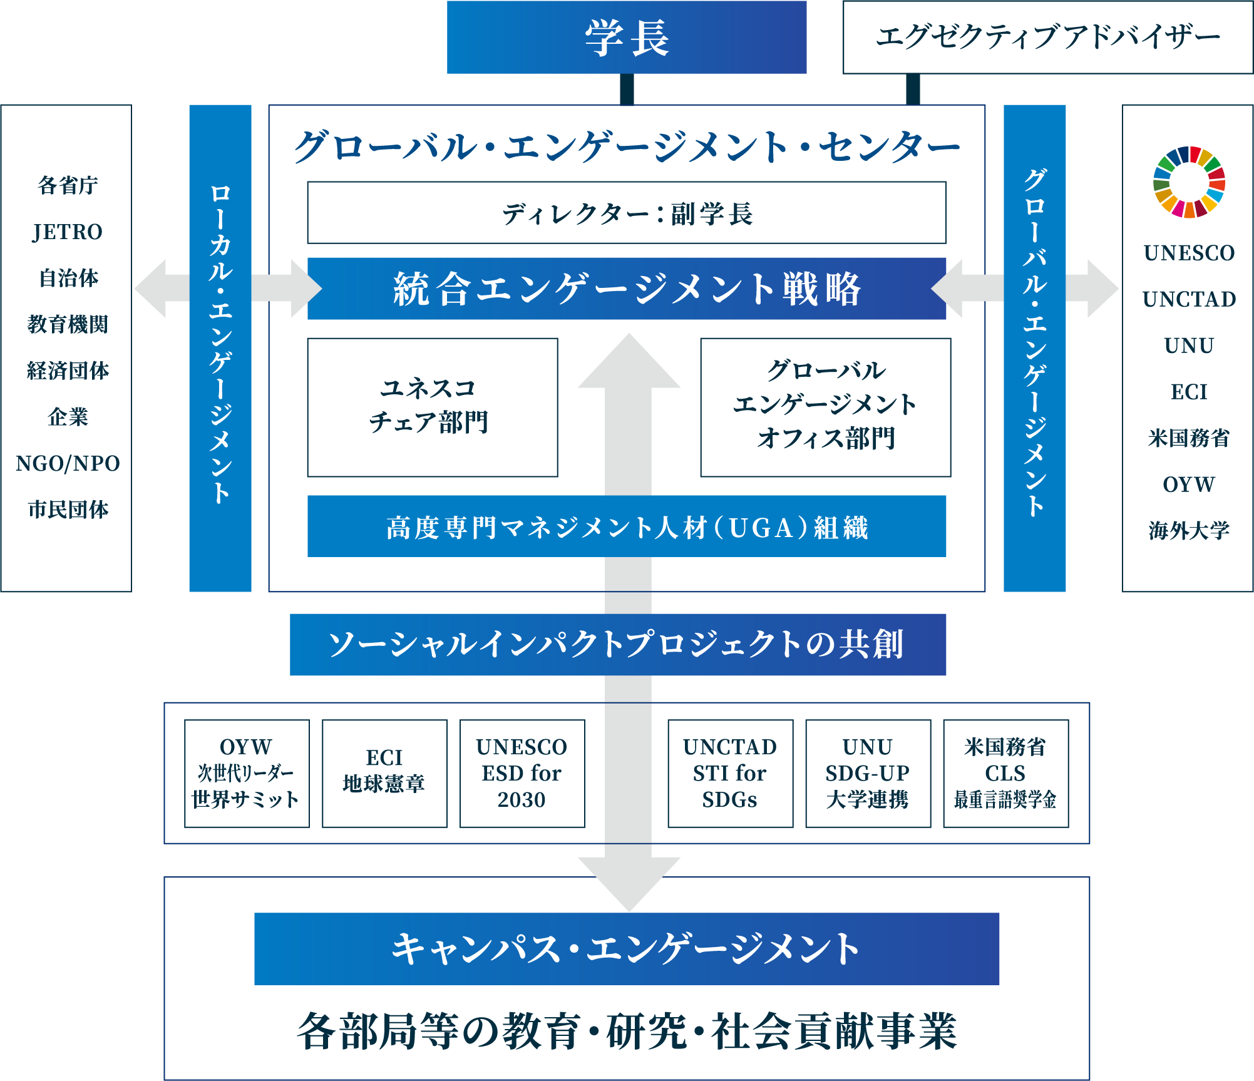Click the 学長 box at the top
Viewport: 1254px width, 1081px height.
point(626,38)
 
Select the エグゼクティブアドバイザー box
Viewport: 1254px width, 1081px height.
point(1047,38)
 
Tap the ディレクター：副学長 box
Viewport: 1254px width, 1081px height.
point(626,213)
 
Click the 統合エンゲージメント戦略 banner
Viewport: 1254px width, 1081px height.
point(626,289)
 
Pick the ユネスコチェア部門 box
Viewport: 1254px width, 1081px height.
point(432,407)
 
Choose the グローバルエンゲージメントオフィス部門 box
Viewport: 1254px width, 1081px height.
point(825,407)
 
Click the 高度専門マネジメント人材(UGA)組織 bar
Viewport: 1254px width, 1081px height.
point(626,526)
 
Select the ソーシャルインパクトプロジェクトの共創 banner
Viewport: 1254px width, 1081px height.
point(618,644)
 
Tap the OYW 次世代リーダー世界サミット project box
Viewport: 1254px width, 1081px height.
point(247,773)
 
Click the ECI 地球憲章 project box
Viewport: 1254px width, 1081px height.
point(384,773)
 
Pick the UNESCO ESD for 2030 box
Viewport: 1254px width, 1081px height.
point(522,773)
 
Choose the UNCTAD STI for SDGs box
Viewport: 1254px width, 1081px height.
point(730,773)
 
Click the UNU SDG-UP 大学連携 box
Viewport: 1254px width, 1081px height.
point(868,773)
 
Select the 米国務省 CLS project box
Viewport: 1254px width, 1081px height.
point(1005,773)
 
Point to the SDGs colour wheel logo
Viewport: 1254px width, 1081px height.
point(1189,182)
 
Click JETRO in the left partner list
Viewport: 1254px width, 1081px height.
point(68,232)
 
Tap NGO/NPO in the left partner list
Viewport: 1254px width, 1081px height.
point(68,463)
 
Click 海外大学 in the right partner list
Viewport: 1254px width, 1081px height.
point(1189,530)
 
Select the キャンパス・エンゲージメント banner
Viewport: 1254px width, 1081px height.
point(626,948)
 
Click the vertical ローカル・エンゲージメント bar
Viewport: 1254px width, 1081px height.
point(220,347)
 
